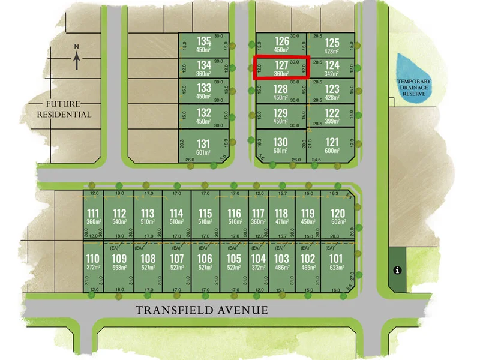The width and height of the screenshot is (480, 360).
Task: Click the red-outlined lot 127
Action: point(281,68)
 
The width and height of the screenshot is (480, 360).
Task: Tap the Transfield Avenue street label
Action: point(202,310)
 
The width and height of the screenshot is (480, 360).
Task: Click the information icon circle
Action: point(396,271)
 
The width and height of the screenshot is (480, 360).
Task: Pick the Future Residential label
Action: point(64,109)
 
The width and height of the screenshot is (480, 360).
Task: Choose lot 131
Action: point(204,147)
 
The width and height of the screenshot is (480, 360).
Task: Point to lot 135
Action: point(204,44)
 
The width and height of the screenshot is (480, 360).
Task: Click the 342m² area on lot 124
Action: point(332,73)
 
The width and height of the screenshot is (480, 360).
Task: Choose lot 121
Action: point(332,145)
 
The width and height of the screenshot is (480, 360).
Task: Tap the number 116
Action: point(235,214)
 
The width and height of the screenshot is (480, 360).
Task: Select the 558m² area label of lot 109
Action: point(119,267)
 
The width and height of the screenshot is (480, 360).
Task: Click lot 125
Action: point(332,46)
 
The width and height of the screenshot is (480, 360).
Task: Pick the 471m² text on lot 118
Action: point(281,221)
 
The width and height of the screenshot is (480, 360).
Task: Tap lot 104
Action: point(258,263)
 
